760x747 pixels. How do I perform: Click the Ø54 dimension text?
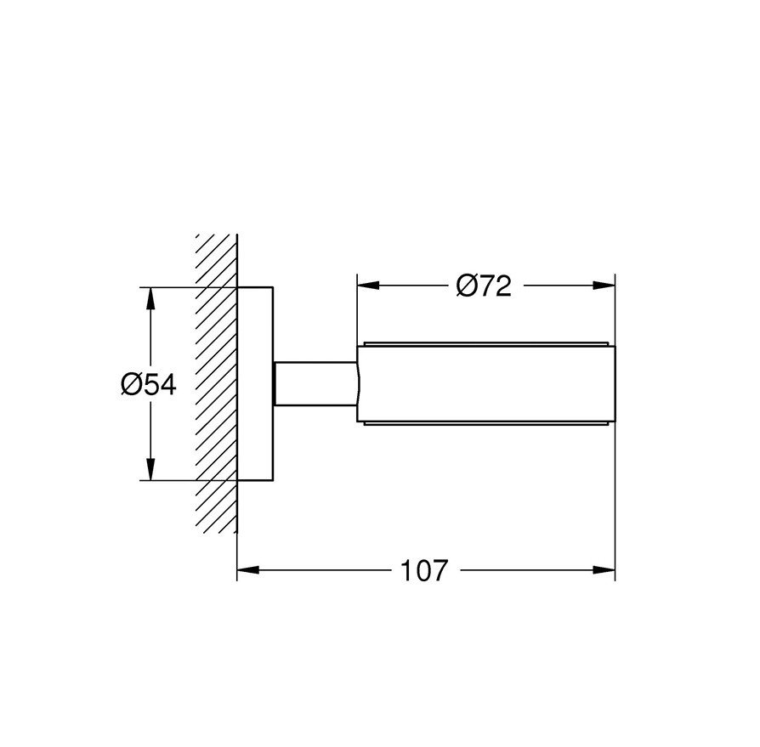[x=148, y=385]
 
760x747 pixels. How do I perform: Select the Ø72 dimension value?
[x=484, y=287]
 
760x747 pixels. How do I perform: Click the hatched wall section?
[x=216, y=382]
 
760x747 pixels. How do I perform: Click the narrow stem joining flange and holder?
[x=315, y=384]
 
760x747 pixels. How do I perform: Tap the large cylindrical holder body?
[x=485, y=384]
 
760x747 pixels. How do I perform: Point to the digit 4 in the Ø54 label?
[x=166, y=385]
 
